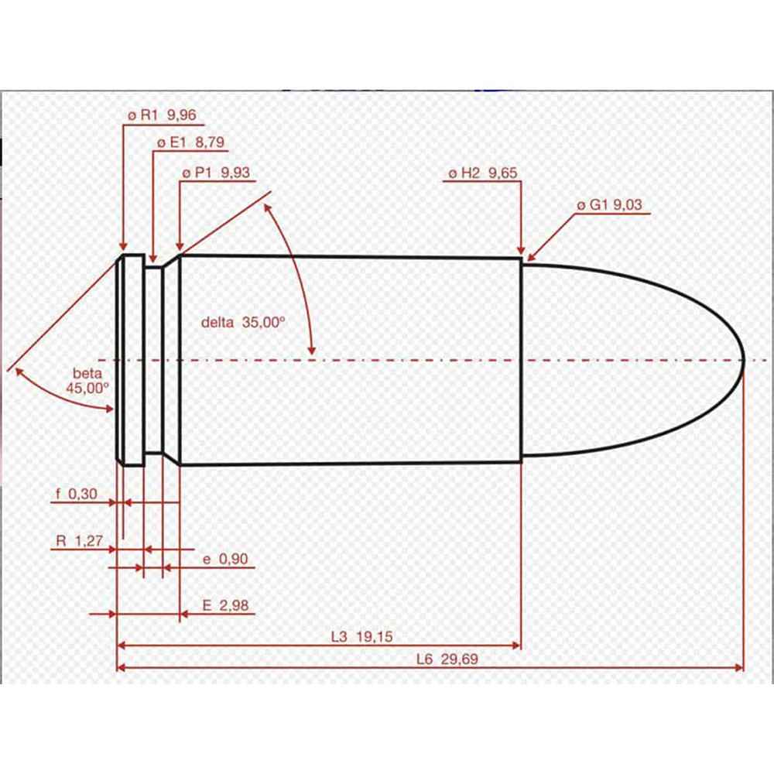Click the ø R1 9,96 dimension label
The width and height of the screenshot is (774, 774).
pyautogui.click(x=162, y=116)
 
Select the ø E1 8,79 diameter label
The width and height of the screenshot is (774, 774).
pyautogui.click(x=192, y=144)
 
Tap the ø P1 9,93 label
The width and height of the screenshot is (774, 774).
pyautogui.click(x=216, y=173)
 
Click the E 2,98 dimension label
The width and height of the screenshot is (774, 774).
pyautogui.click(x=225, y=605)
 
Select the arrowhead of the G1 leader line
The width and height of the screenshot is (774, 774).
pyautogui.click(x=532, y=255)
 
